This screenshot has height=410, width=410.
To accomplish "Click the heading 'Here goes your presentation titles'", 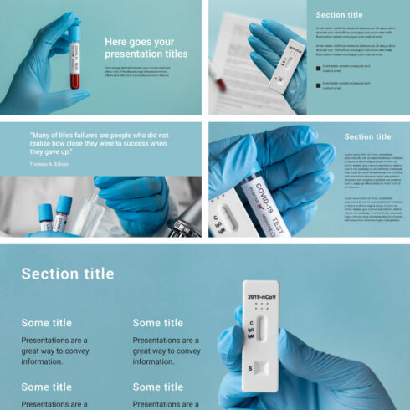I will (146, 48).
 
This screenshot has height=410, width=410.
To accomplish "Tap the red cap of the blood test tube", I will (74, 31).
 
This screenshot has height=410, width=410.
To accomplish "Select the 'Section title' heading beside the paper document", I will (339, 15).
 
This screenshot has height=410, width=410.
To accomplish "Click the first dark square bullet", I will (318, 68).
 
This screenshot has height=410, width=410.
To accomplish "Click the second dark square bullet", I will (318, 85).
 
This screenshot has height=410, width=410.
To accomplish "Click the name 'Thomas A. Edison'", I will (49, 164).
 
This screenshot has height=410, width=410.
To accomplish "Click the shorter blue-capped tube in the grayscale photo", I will (45, 217).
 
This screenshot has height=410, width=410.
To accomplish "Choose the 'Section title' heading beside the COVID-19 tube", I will (367, 136).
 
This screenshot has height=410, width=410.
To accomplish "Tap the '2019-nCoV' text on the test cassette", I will (263, 296).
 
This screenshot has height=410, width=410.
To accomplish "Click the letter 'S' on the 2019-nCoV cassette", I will (249, 367).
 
